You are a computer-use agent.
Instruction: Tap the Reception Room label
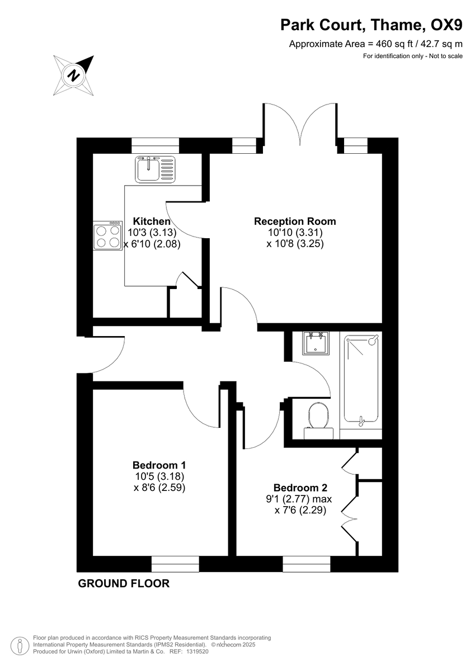coord(295,221)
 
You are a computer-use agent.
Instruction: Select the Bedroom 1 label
coord(159,465)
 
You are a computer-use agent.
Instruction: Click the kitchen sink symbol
coord(155,168)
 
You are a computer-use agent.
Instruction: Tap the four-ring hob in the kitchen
coord(108,236)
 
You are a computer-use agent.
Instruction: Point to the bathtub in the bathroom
coord(362,379)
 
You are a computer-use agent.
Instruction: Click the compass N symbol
coord(73,74)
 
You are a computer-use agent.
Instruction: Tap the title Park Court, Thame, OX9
coord(371,25)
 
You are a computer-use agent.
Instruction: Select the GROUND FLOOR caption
coord(124,584)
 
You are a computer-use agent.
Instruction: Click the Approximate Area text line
coord(375,44)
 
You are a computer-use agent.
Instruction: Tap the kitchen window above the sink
coord(156,145)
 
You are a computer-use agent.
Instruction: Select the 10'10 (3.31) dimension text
coord(295,233)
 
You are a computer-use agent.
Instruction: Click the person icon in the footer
coord(21,645)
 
